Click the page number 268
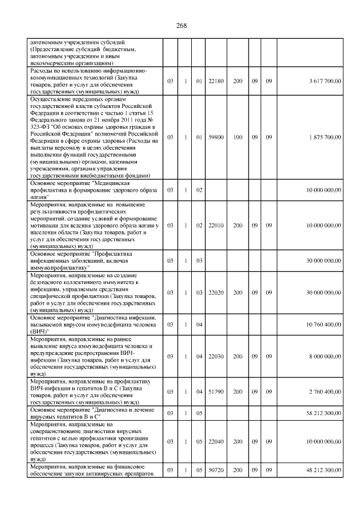181,26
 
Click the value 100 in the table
238,137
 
